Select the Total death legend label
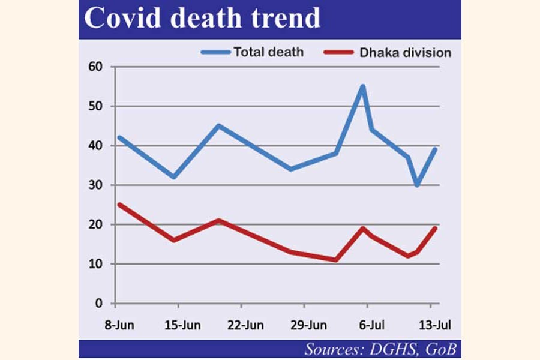(x=269, y=52)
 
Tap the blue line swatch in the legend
(x=215, y=52)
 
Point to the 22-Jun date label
(x=245, y=325)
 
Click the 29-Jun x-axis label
(x=310, y=325)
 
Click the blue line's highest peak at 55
(x=363, y=86)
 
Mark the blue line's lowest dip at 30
(x=417, y=185)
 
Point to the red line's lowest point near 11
(x=336, y=260)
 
